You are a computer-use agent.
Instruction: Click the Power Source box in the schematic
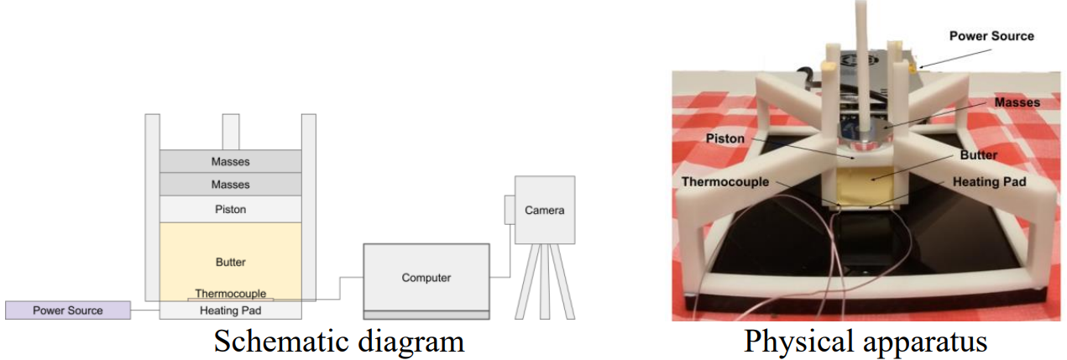pos(68,310)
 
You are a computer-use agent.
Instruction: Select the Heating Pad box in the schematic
pos(231,310)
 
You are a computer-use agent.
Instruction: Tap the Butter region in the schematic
pos(231,261)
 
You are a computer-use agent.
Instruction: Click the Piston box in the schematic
pos(231,209)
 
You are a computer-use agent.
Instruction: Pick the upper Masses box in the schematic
pos(231,161)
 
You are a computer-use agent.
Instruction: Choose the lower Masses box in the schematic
pos(231,185)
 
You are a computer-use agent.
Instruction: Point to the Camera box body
pos(545,210)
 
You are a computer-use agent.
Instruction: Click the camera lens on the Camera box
pos(510,210)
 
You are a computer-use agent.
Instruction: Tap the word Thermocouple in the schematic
pos(231,294)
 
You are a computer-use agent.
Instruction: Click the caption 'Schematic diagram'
pos(338,342)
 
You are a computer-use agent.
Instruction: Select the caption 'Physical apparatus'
pos(866,342)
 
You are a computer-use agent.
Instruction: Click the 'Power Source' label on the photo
pos(991,36)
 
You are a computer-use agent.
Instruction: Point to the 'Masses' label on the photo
pos(1017,102)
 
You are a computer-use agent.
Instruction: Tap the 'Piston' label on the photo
pos(725,138)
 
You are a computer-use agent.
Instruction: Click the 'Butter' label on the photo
pos(978,154)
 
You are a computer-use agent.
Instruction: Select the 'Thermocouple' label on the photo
pos(725,182)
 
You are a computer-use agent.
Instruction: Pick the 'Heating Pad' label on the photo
pos(989,182)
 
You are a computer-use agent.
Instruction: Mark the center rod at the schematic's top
pos(231,132)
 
